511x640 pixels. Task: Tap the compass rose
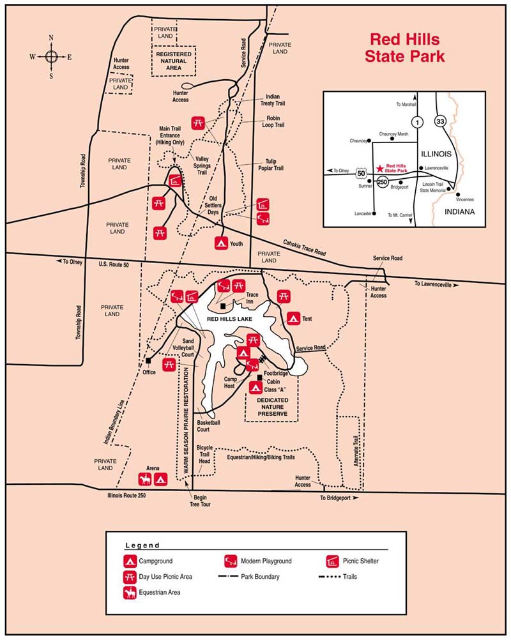coord(52,57)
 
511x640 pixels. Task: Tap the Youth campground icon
coord(221,243)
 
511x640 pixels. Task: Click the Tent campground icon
coord(293,317)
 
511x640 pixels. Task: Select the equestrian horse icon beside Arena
coord(145,478)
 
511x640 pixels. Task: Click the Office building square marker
coord(148,362)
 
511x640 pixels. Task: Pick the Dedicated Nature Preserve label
coord(272,407)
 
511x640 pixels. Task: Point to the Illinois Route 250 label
coord(131,495)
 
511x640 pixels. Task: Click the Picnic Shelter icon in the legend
coord(332,561)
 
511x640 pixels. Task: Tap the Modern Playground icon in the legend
coord(230,561)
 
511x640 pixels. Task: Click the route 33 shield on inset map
coord(439,121)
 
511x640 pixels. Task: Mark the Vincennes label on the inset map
coord(466,201)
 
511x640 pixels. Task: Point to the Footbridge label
coord(277,372)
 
